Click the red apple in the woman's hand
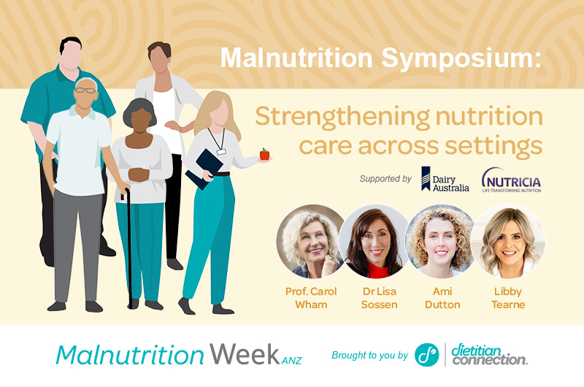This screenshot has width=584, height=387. point(264,154)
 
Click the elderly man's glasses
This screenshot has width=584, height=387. point(86,91)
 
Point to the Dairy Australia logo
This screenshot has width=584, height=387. point(444,179)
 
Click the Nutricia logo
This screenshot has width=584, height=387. point(511,180)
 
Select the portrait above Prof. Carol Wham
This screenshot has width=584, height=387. point(310,241)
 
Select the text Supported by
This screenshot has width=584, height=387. point(385,177)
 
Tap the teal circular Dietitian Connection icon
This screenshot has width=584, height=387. point(426,355)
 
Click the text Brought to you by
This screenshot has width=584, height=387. point(369,356)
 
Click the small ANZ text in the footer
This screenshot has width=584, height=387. point(291,360)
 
